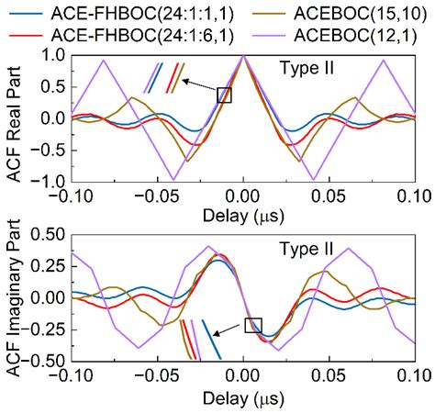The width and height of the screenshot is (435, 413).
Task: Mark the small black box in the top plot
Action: point(224,95)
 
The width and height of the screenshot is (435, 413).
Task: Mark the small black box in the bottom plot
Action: point(253,325)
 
